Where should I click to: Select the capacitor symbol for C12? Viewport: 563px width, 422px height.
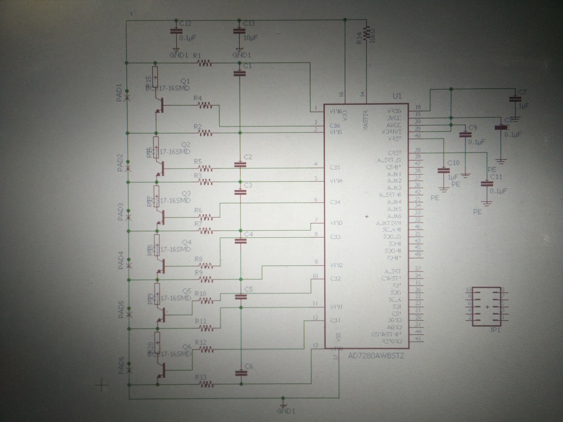(176, 31)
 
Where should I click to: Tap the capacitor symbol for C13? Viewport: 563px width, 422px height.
(239, 31)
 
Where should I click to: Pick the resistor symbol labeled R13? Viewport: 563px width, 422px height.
(205, 384)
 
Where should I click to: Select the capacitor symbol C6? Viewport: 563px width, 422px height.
(241, 373)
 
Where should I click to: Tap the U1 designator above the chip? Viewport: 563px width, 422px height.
(397, 96)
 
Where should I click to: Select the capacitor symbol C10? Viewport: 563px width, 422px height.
(442, 170)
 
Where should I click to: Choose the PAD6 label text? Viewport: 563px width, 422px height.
(120, 365)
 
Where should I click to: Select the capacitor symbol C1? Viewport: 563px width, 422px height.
(240, 73)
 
